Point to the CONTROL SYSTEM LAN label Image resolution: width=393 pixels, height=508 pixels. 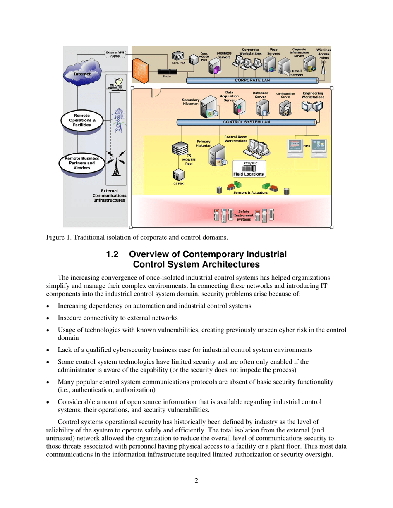247,122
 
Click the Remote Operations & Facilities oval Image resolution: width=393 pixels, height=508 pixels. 82,120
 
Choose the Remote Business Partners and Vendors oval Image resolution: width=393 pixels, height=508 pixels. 82,163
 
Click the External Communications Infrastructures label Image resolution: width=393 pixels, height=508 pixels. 110,195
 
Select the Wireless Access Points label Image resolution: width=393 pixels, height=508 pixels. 323,54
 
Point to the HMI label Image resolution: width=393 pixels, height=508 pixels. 307,146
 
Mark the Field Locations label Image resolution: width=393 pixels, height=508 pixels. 248,174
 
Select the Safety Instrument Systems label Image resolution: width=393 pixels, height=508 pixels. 244,215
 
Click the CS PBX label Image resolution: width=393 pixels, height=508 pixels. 178,183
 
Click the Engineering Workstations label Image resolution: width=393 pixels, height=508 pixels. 312,95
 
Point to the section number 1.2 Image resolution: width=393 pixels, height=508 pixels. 113,254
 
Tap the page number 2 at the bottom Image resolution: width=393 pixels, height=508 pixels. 196,481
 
